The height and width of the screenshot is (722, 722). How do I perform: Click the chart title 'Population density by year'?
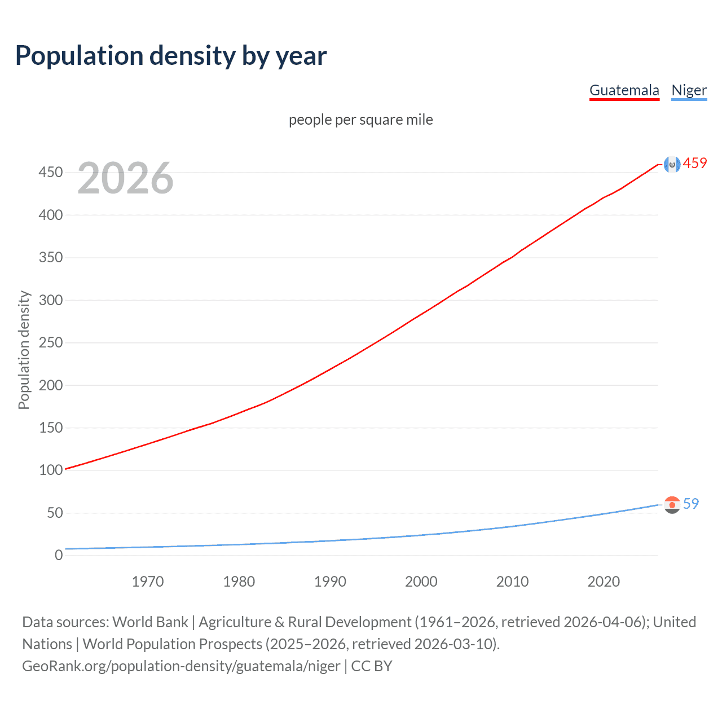click(171, 56)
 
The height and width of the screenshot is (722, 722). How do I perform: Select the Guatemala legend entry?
click(624, 90)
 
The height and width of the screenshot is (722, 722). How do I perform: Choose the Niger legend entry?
click(689, 90)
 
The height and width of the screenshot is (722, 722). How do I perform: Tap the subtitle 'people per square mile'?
click(360, 120)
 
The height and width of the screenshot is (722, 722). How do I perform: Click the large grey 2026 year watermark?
click(125, 178)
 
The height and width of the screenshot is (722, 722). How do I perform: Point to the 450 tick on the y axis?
click(51, 172)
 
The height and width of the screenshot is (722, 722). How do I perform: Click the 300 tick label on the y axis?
click(51, 300)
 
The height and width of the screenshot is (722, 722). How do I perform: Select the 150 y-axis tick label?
click(51, 428)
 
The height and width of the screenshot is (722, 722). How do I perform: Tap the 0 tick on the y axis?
click(59, 555)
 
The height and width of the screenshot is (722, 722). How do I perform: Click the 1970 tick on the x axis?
click(148, 582)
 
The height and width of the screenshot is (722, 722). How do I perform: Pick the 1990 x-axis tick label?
click(330, 582)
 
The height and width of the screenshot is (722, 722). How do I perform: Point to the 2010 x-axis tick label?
click(512, 582)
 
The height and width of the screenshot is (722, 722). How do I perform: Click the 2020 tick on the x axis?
click(604, 582)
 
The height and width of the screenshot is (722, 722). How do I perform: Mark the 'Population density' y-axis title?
click(24, 350)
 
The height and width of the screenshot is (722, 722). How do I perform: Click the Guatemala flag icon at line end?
click(672, 164)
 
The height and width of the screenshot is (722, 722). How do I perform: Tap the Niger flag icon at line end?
click(672, 504)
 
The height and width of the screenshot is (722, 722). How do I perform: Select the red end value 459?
click(695, 164)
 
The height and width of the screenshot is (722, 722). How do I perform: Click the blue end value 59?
click(691, 504)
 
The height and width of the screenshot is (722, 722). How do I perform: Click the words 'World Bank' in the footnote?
click(150, 622)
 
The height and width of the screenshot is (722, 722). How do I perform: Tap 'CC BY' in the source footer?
click(371, 666)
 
